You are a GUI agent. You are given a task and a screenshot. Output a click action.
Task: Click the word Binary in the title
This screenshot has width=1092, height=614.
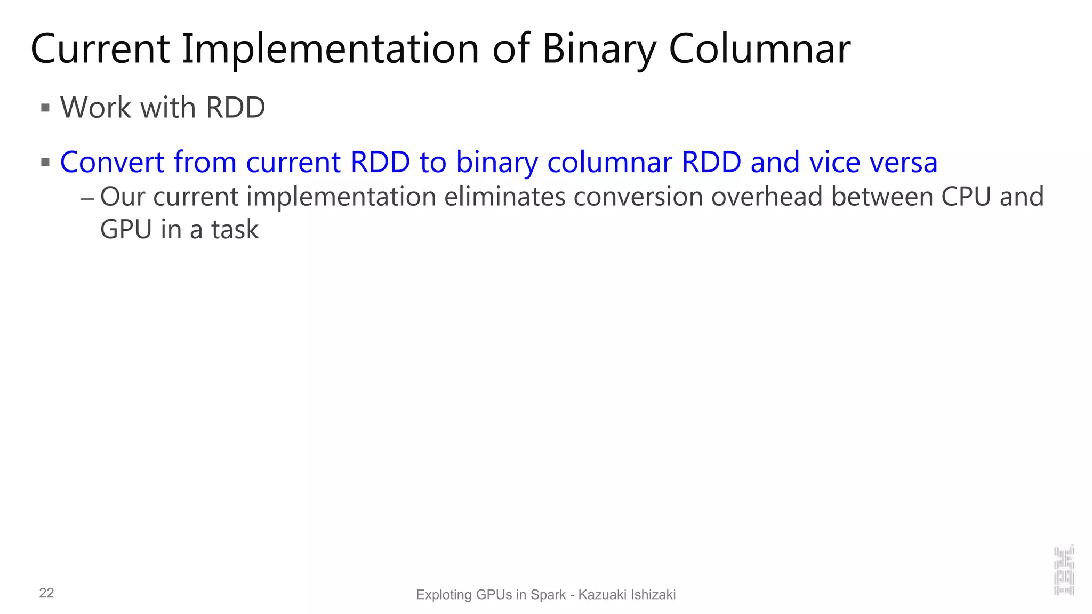point(599,50)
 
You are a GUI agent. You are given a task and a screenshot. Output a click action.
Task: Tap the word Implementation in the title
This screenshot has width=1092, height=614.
point(331,50)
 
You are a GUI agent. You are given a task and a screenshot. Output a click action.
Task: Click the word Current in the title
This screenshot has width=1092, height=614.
point(100,50)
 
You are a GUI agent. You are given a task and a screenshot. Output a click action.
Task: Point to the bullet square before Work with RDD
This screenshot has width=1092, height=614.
point(45,108)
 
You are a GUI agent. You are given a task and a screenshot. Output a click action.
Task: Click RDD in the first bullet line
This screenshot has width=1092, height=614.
point(235,108)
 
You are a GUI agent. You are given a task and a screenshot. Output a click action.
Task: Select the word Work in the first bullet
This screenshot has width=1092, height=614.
point(95,108)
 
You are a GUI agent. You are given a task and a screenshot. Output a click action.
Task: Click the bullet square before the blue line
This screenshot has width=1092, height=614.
point(45,162)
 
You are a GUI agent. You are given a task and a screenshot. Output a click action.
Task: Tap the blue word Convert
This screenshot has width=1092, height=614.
point(112,162)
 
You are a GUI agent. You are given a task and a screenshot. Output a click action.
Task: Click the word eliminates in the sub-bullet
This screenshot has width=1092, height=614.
point(504,197)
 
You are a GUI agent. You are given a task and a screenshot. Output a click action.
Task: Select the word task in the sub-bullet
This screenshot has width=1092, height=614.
point(235,230)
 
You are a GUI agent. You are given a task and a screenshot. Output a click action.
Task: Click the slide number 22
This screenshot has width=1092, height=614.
point(46,593)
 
